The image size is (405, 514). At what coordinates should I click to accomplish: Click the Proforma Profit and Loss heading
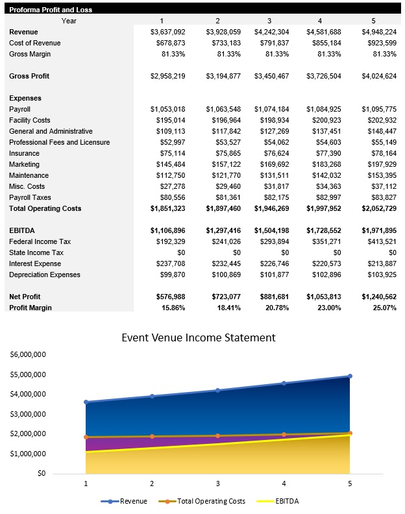point(51,10)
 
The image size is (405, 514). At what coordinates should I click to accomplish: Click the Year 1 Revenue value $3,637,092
point(167,32)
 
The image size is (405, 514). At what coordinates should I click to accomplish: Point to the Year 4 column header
point(319,21)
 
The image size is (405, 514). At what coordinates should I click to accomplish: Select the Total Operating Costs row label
point(45,208)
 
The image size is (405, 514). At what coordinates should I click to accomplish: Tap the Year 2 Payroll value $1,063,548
point(223,109)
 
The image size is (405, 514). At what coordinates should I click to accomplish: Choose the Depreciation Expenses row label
point(44,275)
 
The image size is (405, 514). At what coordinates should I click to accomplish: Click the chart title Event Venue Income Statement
point(199,337)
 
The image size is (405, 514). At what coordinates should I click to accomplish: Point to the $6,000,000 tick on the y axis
point(27,355)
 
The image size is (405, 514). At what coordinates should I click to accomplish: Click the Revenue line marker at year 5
point(350,376)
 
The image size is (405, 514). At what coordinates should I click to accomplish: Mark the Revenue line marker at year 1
point(86,402)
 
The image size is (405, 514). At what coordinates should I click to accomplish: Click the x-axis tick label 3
point(217,483)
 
